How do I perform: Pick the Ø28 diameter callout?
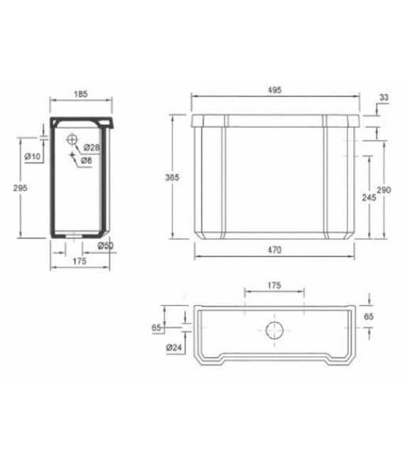click(x=90, y=147)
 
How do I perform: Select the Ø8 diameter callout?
click(x=87, y=161)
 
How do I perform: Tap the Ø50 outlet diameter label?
click(x=106, y=246)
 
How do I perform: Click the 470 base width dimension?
click(x=274, y=250)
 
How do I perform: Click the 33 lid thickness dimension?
click(x=383, y=97)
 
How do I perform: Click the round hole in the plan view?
click(x=274, y=330)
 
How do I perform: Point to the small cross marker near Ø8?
click(x=72, y=154)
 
